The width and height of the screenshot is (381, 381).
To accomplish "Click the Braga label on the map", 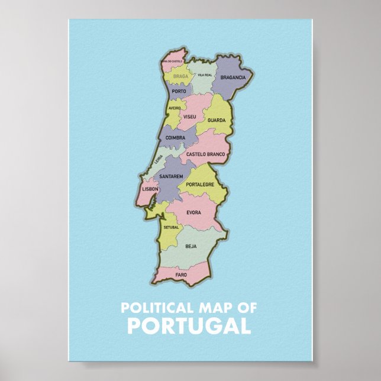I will tap(180, 76).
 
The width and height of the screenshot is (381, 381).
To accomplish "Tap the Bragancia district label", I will tap(233, 78).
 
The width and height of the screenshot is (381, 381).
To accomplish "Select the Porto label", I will tap(179, 92).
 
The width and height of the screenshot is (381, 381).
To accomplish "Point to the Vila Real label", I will tap(205, 75).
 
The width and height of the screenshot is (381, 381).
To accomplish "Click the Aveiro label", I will tap(175, 109).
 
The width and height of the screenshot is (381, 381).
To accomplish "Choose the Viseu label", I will tap(190, 117).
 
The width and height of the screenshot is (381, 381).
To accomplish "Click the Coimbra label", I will tap(176, 138).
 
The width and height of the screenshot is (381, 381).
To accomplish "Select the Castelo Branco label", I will tap(206, 154).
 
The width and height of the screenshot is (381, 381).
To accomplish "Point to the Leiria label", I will tap(158, 159).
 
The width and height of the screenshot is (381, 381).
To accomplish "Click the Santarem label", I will tap(171, 176).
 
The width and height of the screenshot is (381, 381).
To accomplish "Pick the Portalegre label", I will tap(200, 185).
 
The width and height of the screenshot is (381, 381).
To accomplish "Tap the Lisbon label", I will tap(150, 189).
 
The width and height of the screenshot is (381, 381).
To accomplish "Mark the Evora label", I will tap(193, 212).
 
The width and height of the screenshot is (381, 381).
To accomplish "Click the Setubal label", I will tap(171, 227).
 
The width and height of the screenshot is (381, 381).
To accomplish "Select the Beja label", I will tap(190, 246).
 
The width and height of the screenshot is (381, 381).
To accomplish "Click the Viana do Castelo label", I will tap(172, 61).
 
